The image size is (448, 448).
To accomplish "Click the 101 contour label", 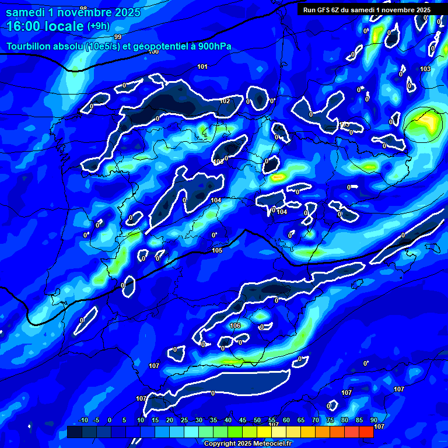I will tap(202, 66).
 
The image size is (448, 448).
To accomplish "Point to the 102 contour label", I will tap(225, 101).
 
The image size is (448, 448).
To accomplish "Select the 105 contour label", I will tap(217, 250).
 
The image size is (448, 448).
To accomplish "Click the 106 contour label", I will tap(236, 325).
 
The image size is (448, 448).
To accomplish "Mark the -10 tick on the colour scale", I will tap(82, 421).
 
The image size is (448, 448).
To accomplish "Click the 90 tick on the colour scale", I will tap(373, 421).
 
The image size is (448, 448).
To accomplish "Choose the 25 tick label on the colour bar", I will tap(184, 421).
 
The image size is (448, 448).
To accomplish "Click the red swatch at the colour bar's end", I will tap(366, 432).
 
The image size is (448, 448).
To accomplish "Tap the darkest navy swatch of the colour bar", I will tap(75, 432).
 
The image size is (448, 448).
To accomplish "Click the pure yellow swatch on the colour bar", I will tap(278, 432).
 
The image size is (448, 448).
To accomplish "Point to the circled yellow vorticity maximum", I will tap(423, 123).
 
